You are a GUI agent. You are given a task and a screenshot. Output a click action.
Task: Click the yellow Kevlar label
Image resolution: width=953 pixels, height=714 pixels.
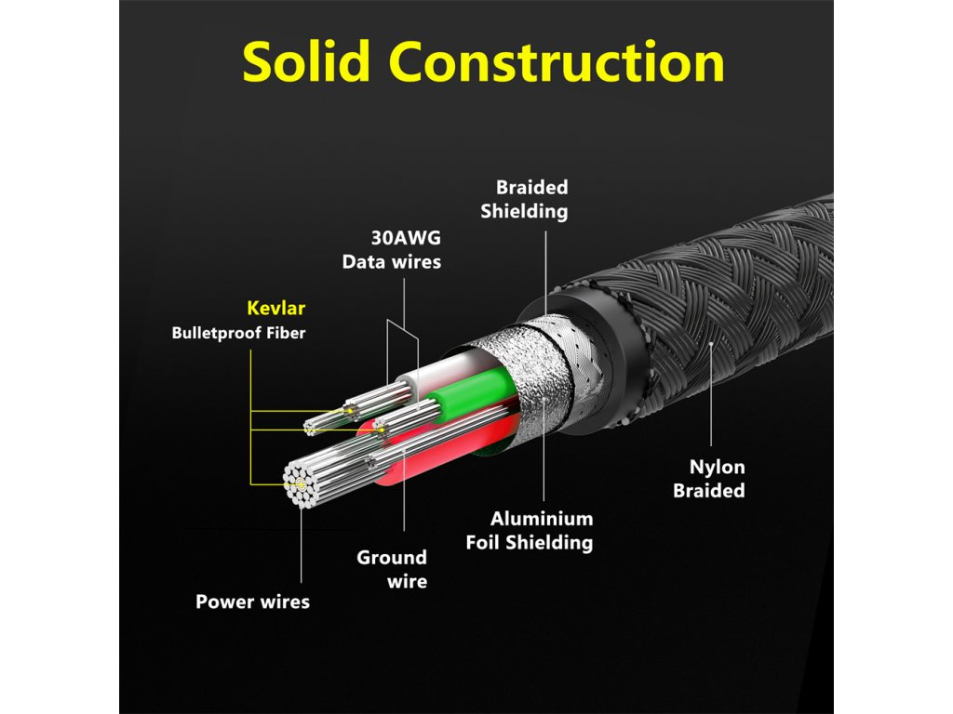[x=275, y=308]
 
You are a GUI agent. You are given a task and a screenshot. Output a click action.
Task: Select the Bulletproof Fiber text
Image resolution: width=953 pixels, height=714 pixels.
[x=238, y=333]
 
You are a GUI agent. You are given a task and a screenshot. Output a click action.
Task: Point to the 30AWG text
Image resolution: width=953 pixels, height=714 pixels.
[x=406, y=237]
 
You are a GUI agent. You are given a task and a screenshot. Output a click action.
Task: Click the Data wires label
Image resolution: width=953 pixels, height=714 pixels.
[x=392, y=261]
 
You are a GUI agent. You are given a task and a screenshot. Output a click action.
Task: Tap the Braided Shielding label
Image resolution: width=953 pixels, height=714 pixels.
[x=525, y=199]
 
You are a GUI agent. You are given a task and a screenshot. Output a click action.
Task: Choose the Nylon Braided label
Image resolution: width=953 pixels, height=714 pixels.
[x=708, y=479]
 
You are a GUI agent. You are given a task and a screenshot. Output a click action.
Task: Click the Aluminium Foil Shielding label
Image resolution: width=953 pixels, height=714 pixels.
[x=530, y=530]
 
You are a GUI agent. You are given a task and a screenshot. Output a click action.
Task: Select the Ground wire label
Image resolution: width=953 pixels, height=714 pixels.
[x=392, y=569]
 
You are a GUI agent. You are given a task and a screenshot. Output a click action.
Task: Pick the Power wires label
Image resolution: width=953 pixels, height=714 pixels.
[x=252, y=602]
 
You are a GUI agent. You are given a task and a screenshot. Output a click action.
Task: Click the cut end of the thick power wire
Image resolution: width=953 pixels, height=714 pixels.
[x=302, y=484]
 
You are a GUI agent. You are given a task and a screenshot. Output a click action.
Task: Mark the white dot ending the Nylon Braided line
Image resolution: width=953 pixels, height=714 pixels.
[x=710, y=344]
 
